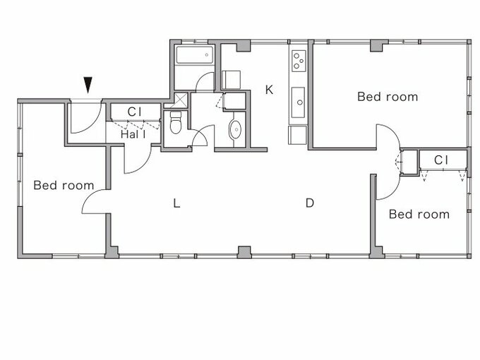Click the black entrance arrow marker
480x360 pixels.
pos(88,85)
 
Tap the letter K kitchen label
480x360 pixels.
pos(269,90)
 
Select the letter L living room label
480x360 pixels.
pos(176,203)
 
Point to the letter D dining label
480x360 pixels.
pos(310,203)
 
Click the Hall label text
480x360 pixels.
pos(133,134)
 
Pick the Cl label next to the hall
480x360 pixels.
pos(134,112)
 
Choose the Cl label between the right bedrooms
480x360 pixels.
pos(440,160)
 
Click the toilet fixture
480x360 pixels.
pos(176,122)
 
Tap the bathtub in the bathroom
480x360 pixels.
pos(194,55)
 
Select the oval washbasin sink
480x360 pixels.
pos(235,130)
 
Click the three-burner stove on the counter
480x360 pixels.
pos(299,61)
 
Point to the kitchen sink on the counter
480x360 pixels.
pos(298,102)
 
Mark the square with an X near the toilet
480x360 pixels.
pos(181,100)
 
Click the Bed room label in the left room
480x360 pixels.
pos(64,185)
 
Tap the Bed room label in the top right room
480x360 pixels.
pos(388,97)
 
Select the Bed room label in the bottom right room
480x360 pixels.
pos(419,215)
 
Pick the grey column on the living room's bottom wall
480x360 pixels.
pos(244,252)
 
